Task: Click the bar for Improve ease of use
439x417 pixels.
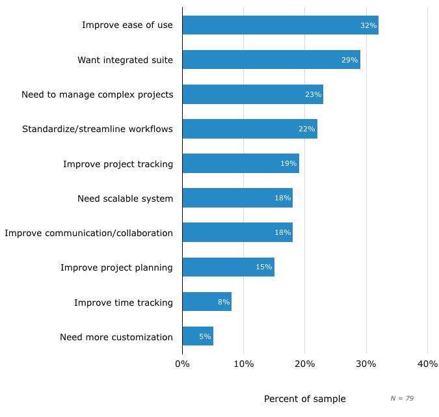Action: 280,25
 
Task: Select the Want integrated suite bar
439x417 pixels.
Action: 271,60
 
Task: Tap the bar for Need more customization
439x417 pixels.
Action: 198,336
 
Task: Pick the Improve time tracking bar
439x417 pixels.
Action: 207,302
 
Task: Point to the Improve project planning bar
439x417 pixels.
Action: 228,267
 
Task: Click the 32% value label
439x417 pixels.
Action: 368,25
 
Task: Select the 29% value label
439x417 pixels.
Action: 350,60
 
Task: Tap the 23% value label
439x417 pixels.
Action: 313,94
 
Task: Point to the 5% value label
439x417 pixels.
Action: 205,336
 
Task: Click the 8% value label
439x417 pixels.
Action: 224,302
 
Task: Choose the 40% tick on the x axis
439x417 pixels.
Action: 427,364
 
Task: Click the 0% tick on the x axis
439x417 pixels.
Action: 182,364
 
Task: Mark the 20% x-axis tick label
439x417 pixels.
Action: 305,364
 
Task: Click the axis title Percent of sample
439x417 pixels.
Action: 304,399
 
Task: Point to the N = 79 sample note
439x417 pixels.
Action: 402,398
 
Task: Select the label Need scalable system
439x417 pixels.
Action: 125,198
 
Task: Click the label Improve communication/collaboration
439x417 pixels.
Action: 89,233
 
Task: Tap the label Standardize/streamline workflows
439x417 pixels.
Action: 98,129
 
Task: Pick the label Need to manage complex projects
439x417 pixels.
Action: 98,94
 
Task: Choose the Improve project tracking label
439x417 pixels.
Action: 118,164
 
